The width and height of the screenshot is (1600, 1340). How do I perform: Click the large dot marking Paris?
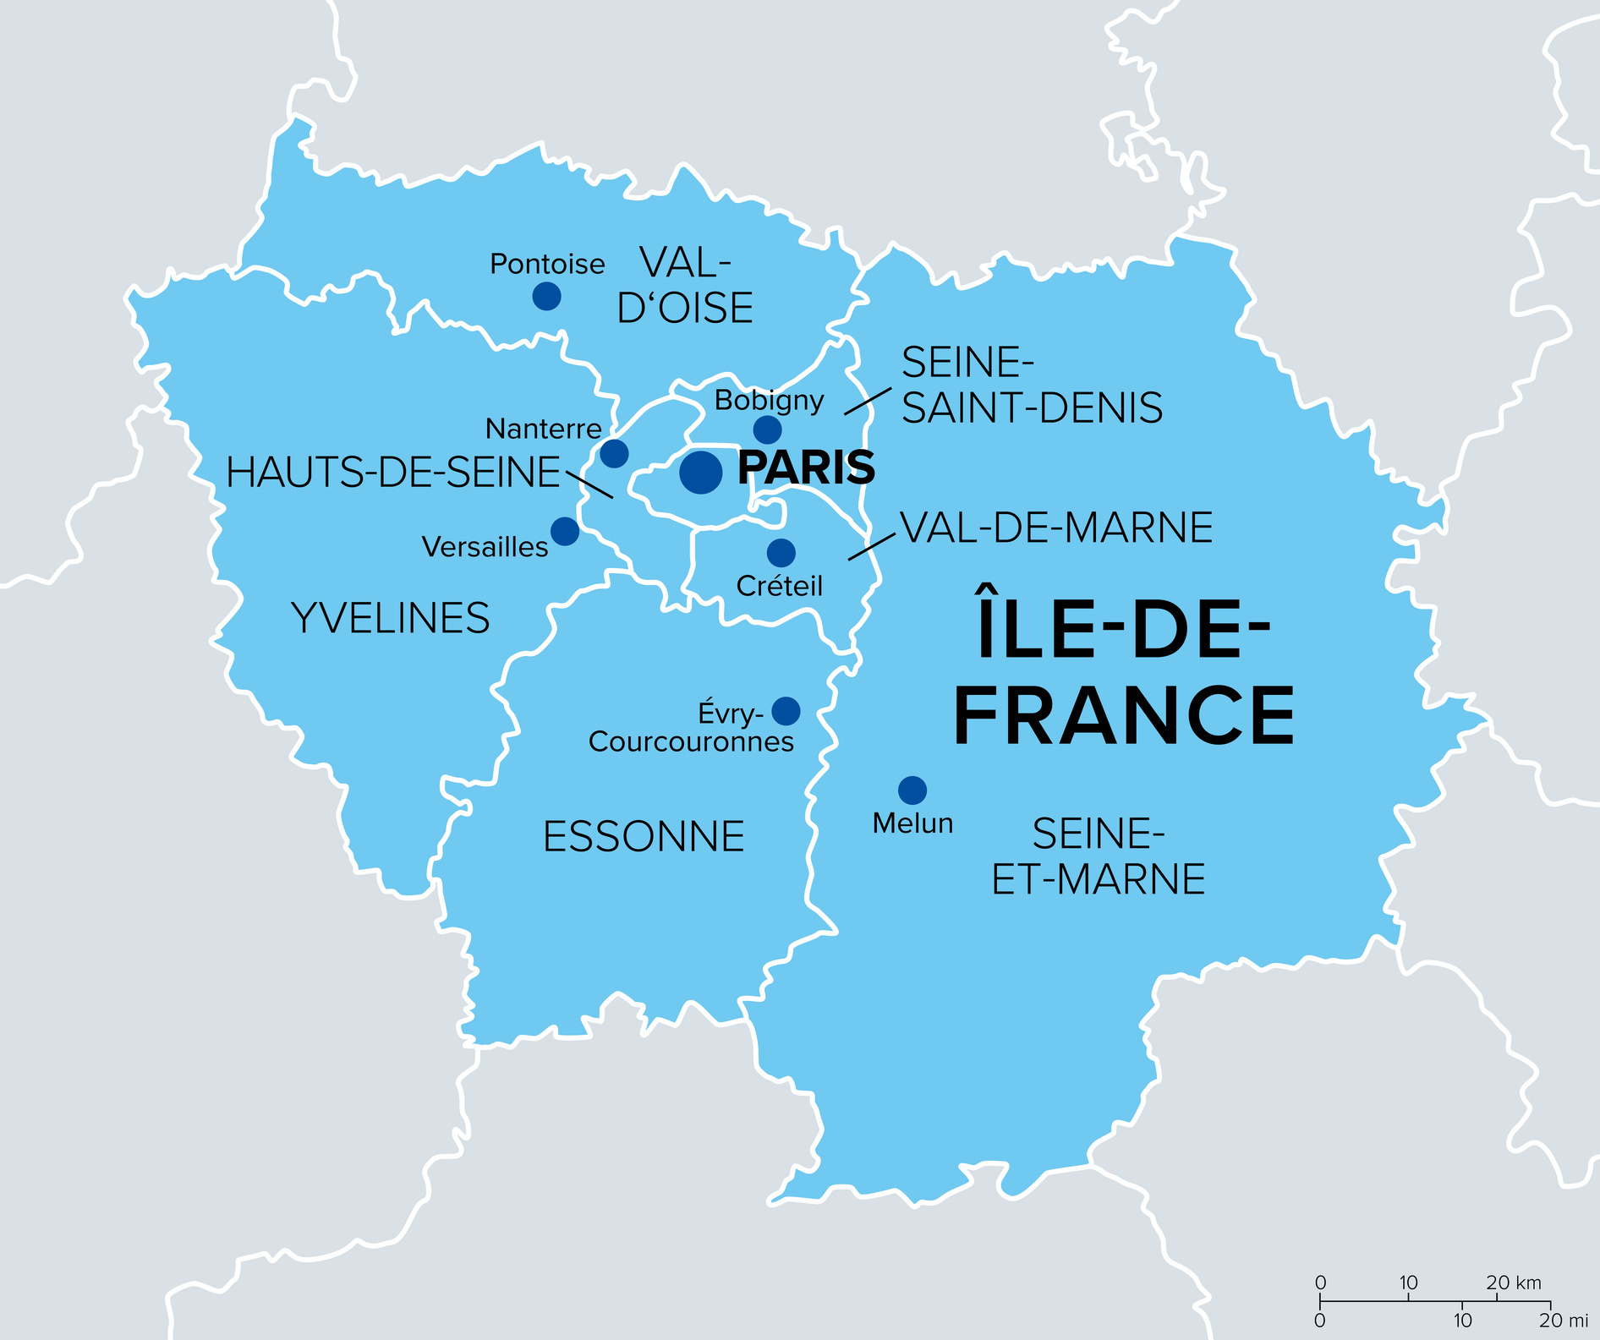701,472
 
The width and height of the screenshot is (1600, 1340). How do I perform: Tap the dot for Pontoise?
547,296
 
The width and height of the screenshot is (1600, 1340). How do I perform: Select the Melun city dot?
912,790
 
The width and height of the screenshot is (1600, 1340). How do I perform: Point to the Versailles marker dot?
565,531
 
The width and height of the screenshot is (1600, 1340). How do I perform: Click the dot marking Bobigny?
767,429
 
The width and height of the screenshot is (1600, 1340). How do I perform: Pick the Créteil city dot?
781,553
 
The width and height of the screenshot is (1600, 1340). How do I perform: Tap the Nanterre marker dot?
614,453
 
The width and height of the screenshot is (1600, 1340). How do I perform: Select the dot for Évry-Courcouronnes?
786,711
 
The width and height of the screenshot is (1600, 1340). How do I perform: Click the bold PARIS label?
806,468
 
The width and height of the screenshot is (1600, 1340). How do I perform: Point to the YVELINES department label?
391,618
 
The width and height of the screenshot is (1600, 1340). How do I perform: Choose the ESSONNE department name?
644,837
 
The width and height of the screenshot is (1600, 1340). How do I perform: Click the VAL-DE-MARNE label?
1057,528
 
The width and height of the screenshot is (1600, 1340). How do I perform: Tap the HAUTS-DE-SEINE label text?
393,473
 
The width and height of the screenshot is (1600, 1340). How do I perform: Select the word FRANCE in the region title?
1124,716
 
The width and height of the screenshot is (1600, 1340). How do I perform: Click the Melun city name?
912,823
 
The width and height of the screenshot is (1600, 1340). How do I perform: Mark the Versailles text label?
485,547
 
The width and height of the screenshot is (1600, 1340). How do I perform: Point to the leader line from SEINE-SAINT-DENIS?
867,402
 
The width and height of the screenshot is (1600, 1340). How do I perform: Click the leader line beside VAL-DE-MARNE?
871,546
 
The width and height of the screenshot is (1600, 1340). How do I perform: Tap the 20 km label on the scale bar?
1514,1283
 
